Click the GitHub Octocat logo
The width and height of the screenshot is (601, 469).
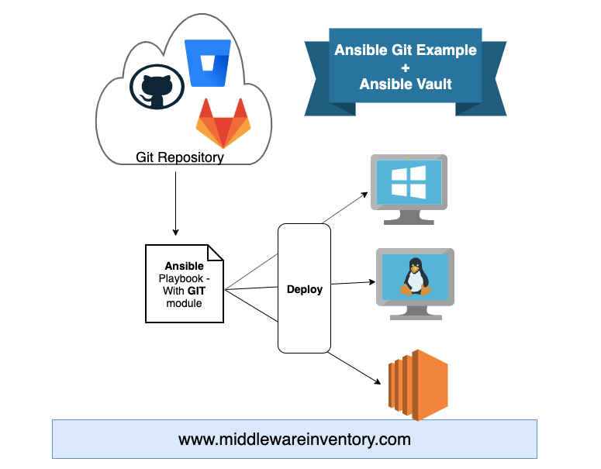point(157,88)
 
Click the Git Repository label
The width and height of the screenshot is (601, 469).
point(180,157)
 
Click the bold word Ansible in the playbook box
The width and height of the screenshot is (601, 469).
point(185,266)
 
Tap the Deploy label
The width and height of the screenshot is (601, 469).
point(304,289)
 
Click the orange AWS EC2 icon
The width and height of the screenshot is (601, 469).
point(418,385)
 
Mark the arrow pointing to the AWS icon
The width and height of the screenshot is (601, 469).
point(357,369)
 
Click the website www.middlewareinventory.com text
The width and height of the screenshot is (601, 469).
point(294,440)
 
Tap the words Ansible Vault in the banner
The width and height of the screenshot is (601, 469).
point(405,84)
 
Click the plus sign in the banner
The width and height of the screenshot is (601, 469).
point(405,67)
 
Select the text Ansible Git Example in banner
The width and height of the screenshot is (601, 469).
point(405,50)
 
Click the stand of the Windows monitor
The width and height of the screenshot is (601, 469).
point(409,216)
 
